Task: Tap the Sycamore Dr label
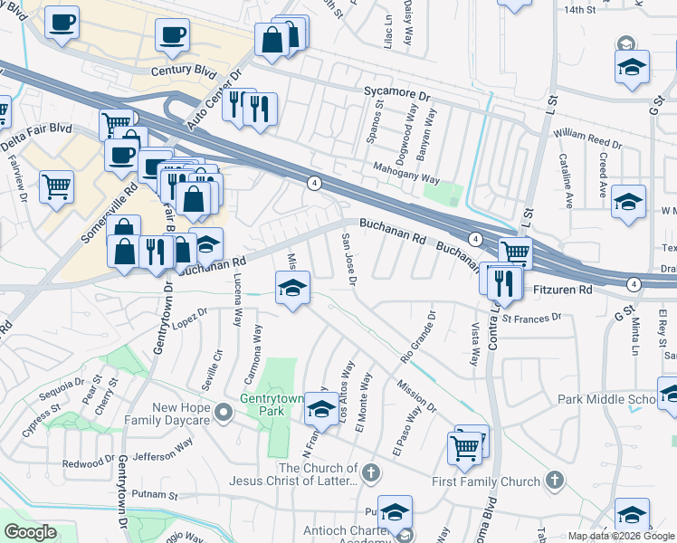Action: [396, 93]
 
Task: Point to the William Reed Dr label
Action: [587, 138]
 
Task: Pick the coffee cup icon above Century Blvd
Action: [171, 36]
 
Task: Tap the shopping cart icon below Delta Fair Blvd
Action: [56, 186]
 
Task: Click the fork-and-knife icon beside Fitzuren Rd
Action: [504, 282]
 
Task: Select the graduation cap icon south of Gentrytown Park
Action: [319, 410]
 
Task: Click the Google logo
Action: [31, 531]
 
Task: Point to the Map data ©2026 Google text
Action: [620, 536]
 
